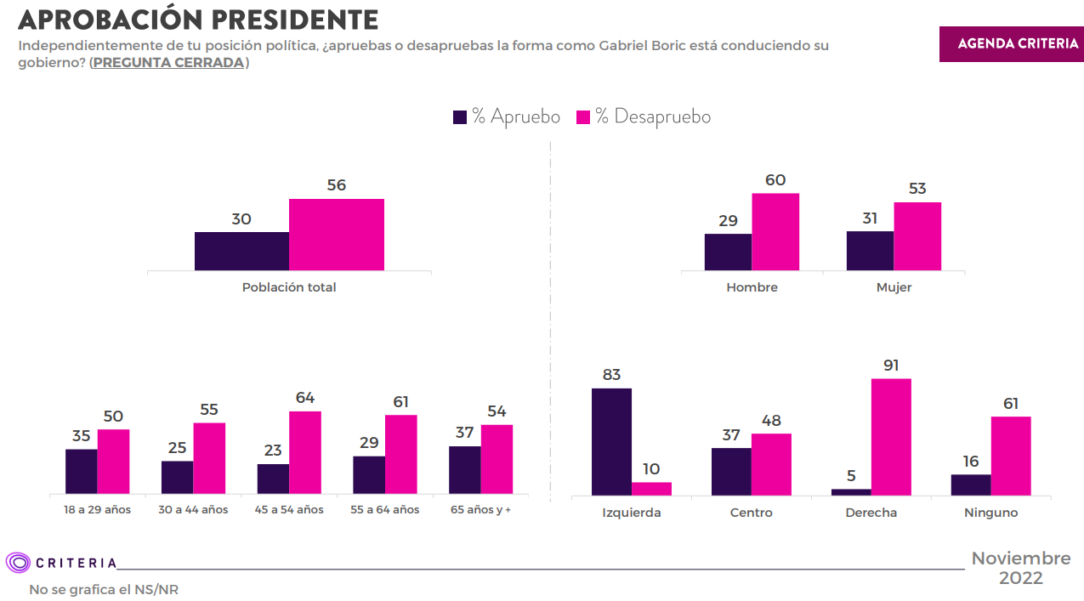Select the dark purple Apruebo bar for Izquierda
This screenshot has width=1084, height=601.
click(x=611, y=442)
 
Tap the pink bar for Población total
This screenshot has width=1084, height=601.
click(x=337, y=235)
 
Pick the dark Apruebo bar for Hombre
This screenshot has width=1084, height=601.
click(x=728, y=252)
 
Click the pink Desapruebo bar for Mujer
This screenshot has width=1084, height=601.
click(x=917, y=236)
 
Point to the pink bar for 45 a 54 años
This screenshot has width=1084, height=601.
click(x=305, y=452)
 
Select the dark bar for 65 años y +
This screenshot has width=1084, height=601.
click(x=464, y=469)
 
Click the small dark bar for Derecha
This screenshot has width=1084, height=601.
click(x=851, y=492)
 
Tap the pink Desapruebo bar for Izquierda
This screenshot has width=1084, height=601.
click(x=651, y=489)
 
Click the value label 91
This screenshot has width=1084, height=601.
click(x=891, y=366)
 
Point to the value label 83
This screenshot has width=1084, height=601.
click(x=611, y=375)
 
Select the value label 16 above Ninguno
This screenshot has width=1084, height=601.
click(x=971, y=462)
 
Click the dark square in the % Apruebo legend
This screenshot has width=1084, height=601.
click(x=460, y=117)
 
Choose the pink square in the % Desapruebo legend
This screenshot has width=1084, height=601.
click(x=583, y=117)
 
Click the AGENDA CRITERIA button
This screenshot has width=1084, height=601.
click(x=1011, y=44)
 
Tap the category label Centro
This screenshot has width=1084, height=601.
click(x=751, y=513)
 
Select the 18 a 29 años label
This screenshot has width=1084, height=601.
click(x=97, y=509)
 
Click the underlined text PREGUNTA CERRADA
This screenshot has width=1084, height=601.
click(x=168, y=63)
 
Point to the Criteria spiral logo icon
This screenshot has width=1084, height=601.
click(x=18, y=563)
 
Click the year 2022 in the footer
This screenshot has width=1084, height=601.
click(x=1020, y=578)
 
